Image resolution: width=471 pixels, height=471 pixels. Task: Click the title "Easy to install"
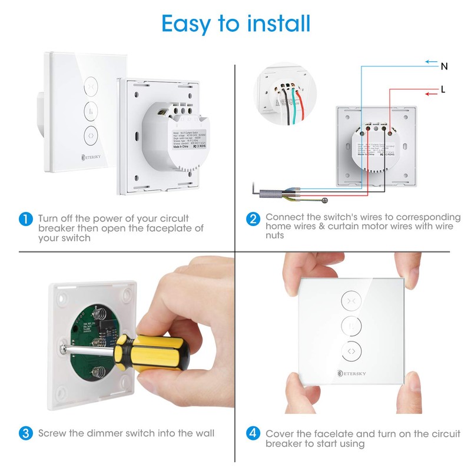[x=235, y=24]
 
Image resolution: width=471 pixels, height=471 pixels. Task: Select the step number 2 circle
[x=253, y=220]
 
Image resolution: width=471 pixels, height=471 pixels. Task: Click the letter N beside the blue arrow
[x=444, y=67]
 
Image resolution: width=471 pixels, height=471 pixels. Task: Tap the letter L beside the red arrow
[x=443, y=91]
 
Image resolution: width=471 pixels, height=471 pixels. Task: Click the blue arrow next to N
[x=431, y=61]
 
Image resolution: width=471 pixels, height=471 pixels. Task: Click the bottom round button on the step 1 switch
[x=92, y=133]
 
